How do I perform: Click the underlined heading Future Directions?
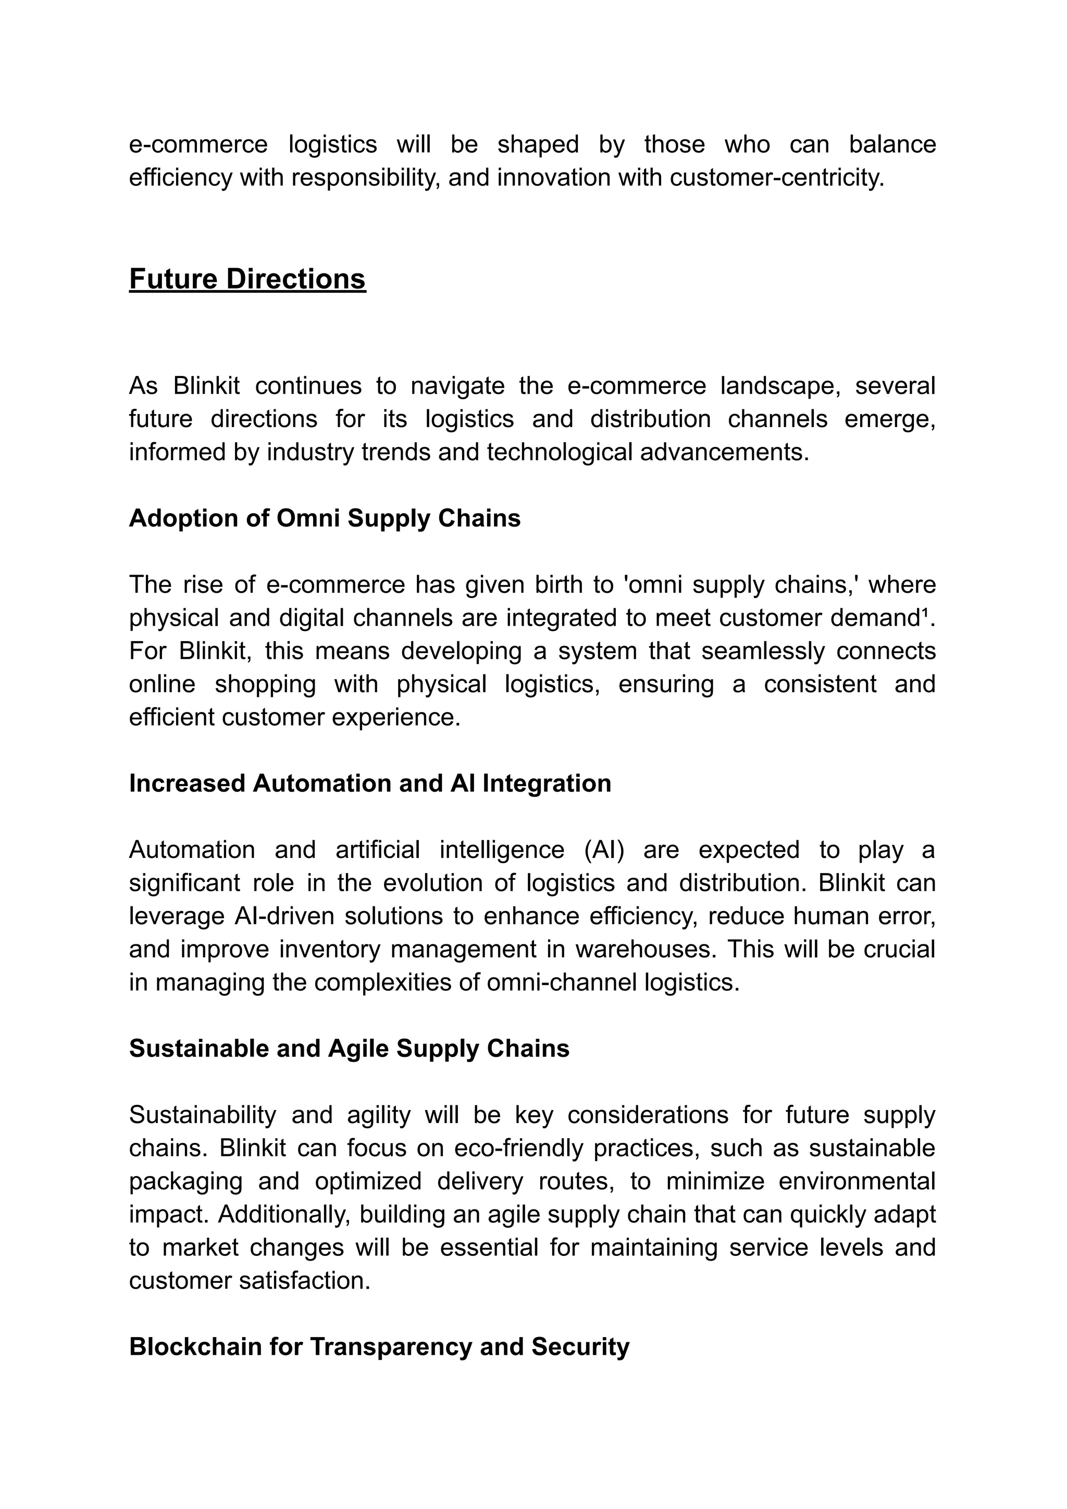pyautogui.click(x=247, y=279)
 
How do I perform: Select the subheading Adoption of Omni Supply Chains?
pyautogui.click(x=325, y=519)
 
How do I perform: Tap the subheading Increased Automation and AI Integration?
pyautogui.click(x=370, y=783)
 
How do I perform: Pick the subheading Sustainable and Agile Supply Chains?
pyautogui.click(x=349, y=1049)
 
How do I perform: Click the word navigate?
pyautogui.click(x=457, y=386)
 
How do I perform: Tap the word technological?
pyautogui.click(x=560, y=452)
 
